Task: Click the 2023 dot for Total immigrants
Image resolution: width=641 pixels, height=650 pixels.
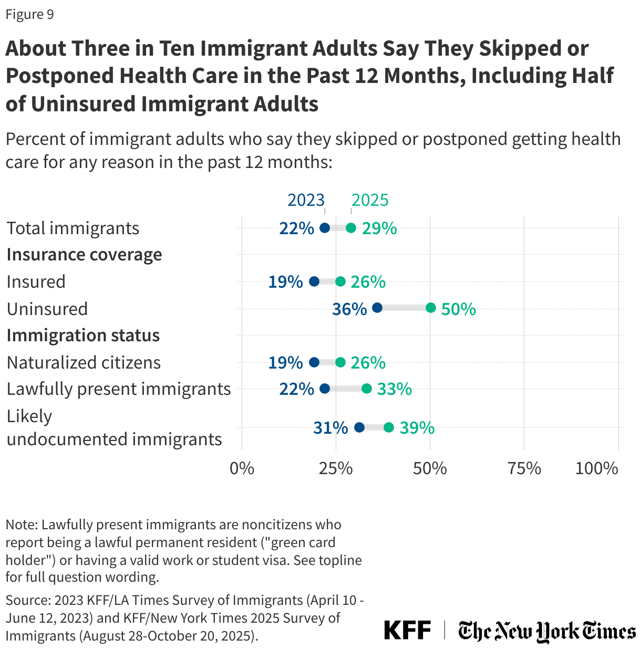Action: [x=325, y=228]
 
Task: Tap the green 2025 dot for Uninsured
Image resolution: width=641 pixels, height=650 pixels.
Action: [x=430, y=308]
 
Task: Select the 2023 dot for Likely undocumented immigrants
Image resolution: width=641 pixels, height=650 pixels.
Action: [x=359, y=427]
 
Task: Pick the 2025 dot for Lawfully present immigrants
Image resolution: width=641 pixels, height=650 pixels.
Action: [x=366, y=389]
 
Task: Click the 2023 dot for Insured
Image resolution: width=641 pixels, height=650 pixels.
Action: [x=314, y=281]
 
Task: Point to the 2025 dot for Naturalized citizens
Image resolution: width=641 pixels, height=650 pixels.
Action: [x=340, y=362]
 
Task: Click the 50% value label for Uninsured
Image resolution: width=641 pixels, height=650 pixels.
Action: [x=458, y=309]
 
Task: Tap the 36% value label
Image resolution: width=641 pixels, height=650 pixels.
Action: [x=349, y=309]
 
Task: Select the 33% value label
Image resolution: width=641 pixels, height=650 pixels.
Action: [x=394, y=389]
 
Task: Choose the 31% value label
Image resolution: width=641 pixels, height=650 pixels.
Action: [x=330, y=428]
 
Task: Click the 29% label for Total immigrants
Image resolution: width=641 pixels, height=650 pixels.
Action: [x=379, y=228]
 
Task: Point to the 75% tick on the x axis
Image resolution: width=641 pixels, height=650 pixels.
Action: [x=524, y=468]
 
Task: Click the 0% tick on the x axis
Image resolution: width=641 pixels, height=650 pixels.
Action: [x=242, y=468]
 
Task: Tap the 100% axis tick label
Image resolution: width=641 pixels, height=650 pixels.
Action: [x=596, y=468]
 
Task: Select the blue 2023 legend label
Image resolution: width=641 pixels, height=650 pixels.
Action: [x=306, y=200]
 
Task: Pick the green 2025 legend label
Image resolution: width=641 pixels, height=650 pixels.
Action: [x=370, y=200]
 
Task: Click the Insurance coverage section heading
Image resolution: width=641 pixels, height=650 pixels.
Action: [x=84, y=255]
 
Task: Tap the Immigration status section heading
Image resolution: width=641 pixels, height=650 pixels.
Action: [x=83, y=336]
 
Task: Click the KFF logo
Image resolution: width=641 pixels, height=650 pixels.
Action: [x=407, y=630]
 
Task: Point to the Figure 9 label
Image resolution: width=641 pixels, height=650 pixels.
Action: [x=29, y=14]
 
